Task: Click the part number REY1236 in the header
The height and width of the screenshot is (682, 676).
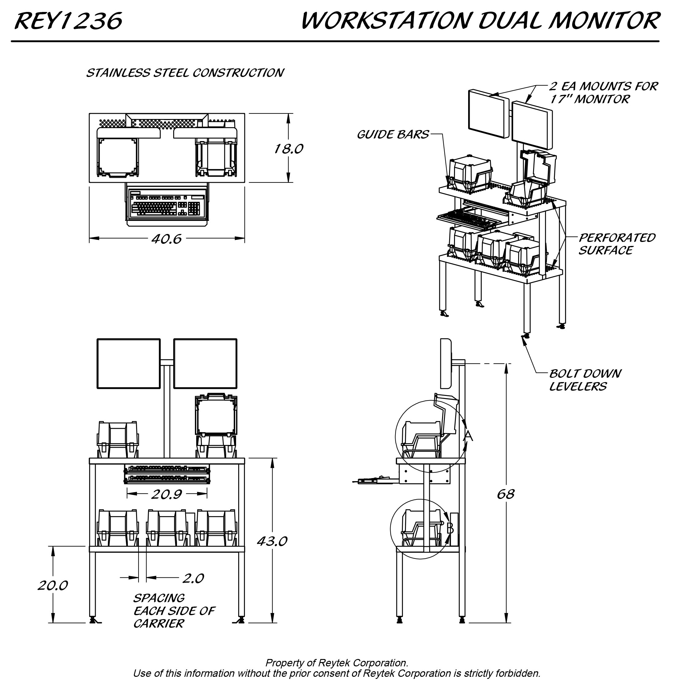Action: pyautogui.click(x=68, y=21)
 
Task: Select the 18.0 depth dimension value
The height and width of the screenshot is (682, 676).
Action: pyautogui.click(x=288, y=149)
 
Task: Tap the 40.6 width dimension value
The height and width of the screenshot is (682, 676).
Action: pyautogui.click(x=166, y=239)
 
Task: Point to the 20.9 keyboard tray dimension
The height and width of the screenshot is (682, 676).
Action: pyautogui.click(x=166, y=495)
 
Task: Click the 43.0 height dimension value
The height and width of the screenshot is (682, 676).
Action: pyautogui.click(x=272, y=541)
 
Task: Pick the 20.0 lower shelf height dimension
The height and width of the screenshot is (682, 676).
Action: pyautogui.click(x=53, y=586)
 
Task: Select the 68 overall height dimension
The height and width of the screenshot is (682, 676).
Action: pyautogui.click(x=506, y=494)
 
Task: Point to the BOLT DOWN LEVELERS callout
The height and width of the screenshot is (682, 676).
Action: pyautogui.click(x=585, y=380)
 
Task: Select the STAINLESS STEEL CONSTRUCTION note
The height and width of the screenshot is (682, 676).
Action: pyautogui.click(x=185, y=73)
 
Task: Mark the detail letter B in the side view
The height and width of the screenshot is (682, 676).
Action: pyautogui.click(x=450, y=528)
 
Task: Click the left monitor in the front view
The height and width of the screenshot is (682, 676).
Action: pyautogui.click(x=128, y=364)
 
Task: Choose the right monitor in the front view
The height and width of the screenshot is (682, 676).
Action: pyautogui.click(x=205, y=364)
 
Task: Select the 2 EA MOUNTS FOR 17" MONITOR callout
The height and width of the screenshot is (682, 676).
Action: pyautogui.click(x=603, y=93)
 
